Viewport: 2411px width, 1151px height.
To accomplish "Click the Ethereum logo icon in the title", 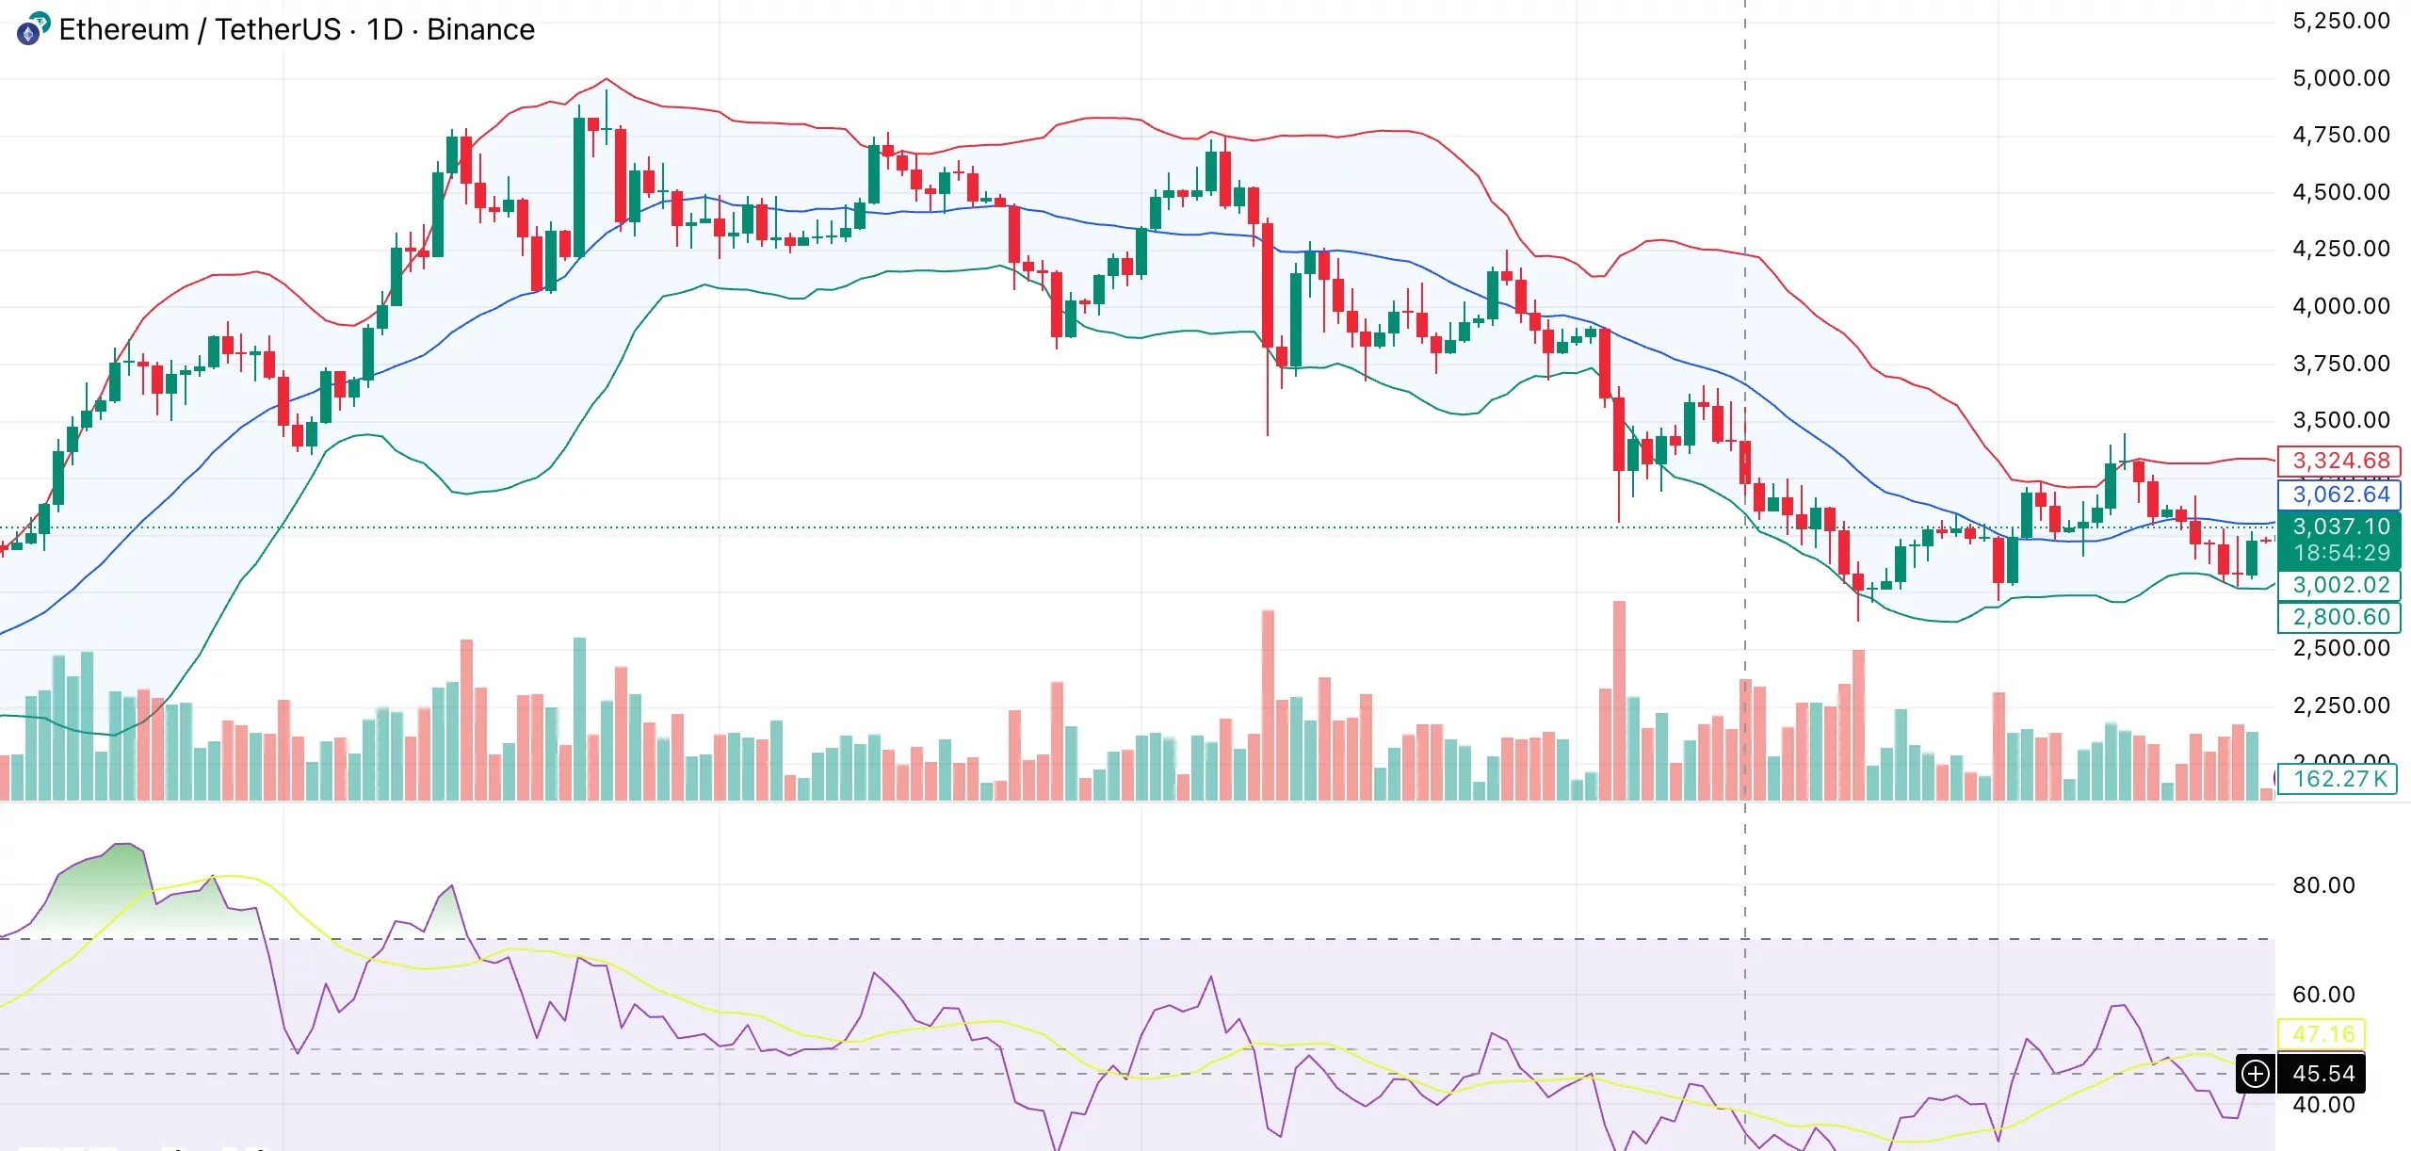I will [32, 29].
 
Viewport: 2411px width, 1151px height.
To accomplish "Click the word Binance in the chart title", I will [480, 29].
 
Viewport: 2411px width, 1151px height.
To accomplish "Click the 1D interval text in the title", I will [384, 29].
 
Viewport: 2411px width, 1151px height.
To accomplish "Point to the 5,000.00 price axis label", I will [2340, 78].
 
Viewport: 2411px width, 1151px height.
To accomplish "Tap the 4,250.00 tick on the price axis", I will [2340, 249].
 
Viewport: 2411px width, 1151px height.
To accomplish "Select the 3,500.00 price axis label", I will [2340, 420].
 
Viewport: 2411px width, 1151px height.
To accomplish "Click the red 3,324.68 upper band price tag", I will [2339, 461].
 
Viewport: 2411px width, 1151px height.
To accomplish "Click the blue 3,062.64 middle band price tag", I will [2339, 494].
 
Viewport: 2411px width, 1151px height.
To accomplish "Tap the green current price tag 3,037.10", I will [2339, 527].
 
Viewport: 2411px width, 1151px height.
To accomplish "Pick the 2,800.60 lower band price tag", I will [2339, 617].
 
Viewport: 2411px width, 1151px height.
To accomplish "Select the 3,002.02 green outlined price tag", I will [2339, 585].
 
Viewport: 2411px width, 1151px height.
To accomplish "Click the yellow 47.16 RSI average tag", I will [2322, 1033].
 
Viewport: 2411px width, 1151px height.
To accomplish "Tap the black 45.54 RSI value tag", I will [2322, 1074].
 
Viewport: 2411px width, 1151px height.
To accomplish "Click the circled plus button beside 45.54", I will [2256, 1074].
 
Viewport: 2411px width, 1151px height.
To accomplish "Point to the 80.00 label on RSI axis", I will [2322, 885].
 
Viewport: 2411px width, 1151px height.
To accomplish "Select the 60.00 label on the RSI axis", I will [2322, 995].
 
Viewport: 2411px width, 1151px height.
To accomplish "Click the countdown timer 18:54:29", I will [2339, 553].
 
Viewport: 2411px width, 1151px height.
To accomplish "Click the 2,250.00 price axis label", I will [2340, 705].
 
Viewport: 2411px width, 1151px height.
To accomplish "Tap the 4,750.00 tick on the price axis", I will [2340, 135].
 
